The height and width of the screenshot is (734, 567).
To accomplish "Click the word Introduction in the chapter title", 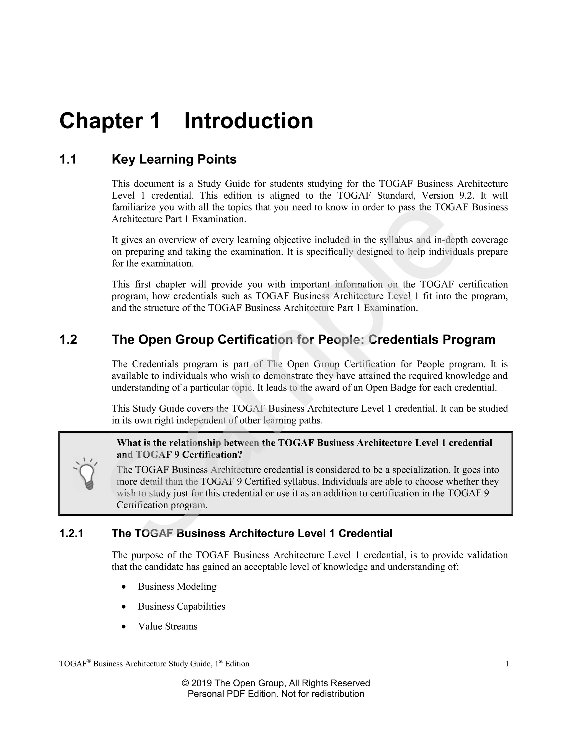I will point(249,121).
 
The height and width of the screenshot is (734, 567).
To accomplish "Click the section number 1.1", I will point(68,159).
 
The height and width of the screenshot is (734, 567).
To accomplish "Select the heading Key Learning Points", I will point(174,159).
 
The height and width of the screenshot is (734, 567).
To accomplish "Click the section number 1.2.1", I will point(71,533).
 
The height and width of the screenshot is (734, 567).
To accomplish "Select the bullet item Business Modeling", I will point(177,586).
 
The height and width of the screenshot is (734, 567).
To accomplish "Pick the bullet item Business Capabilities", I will point(181,606).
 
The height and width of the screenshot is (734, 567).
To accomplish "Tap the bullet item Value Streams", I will point(167,626).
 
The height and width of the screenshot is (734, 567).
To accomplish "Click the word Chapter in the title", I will point(101,121).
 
